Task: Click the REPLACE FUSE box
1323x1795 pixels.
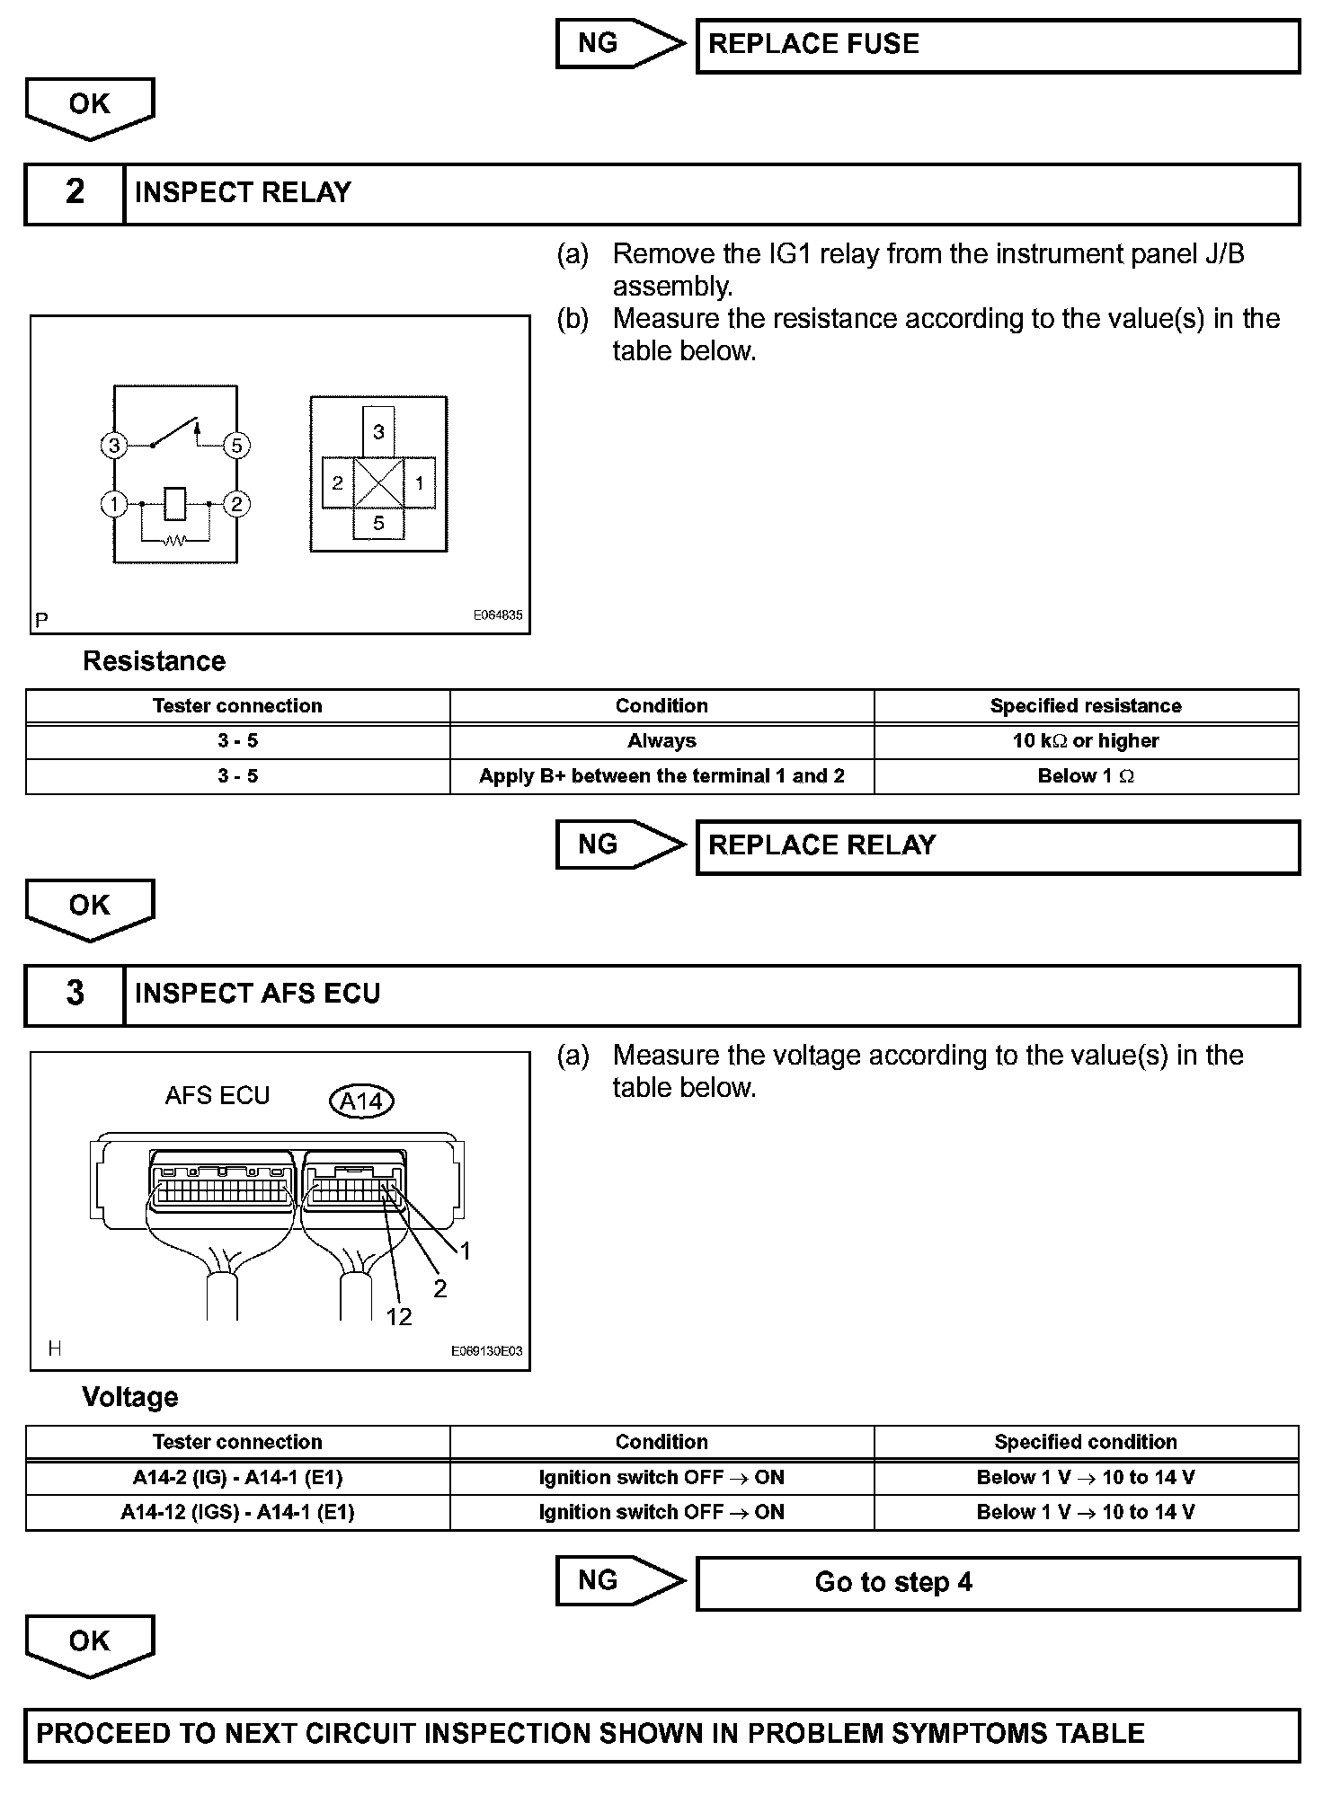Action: click(998, 46)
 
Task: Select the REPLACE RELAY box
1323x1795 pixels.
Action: click(998, 846)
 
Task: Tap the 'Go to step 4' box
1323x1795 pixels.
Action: click(998, 1582)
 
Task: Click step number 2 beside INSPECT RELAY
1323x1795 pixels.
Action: click(75, 192)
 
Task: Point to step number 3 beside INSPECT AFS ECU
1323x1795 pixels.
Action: click(75, 994)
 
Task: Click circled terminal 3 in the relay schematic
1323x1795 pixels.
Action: click(114, 445)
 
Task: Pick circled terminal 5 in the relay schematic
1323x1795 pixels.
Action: click(236, 445)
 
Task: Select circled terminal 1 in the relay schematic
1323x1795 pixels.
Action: click(114, 504)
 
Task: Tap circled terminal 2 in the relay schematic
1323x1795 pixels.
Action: click(236, 504)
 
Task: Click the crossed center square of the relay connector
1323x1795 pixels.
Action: click(378, 482)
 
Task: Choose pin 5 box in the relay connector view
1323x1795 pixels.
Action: click(378, 523)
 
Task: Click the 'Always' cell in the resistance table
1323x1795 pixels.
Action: click(661, 741)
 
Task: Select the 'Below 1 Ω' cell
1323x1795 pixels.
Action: click(1086, 776)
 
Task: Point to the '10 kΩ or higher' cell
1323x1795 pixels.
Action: click(1086, 741)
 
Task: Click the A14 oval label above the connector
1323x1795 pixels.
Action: click(362, 1101)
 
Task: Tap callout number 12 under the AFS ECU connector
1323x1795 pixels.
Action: click(398, 1317)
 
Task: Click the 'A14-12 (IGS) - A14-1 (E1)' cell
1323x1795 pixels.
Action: click(237, 1513)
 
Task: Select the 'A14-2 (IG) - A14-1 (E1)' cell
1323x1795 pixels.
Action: click(237, 1478)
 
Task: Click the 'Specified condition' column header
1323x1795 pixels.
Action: click(1086, 1442)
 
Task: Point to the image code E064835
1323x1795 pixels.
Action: click(498, 615)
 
